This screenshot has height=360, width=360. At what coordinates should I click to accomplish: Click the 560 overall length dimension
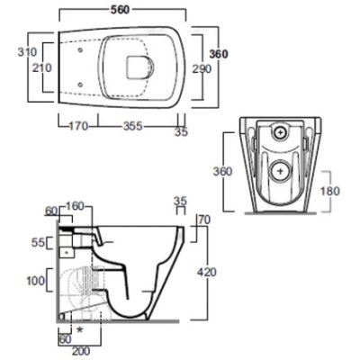120,10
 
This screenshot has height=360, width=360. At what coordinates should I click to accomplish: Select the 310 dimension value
27,52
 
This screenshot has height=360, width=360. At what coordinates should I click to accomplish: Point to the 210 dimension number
42,67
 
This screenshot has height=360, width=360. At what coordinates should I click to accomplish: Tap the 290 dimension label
202,69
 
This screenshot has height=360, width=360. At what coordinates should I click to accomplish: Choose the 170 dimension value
78,126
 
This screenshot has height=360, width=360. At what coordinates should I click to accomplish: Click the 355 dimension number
132,126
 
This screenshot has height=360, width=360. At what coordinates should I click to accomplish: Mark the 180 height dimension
329,191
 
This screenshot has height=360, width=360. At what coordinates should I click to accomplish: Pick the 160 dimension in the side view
74,207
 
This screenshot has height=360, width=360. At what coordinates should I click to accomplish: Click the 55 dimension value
38,242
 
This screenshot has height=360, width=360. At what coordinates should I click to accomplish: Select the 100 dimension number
36,281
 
